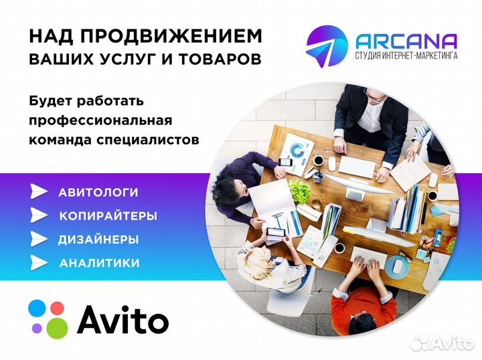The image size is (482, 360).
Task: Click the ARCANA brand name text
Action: pos(407,41)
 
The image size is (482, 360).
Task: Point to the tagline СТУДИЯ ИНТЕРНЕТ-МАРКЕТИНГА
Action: pos(406,56)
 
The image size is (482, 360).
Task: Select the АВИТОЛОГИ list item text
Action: pos(98,193)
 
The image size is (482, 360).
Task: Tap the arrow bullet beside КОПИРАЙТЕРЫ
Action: pos(39,215)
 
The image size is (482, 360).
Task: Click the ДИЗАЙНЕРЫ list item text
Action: pos(98,240)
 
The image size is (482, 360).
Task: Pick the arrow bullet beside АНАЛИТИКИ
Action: pos(39,263)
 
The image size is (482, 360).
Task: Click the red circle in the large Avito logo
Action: pos(58,308)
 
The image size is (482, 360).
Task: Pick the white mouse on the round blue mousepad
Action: pos(398,266)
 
